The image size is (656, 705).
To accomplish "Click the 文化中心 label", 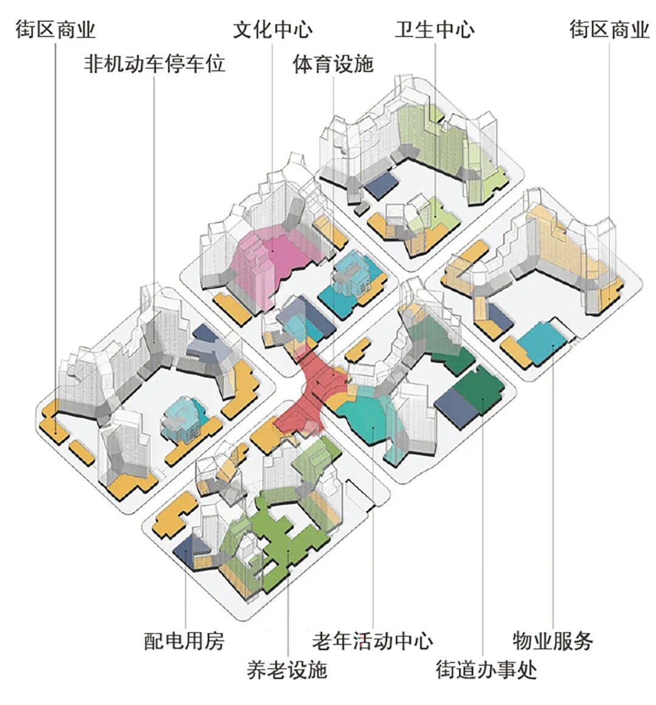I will pos(272,29).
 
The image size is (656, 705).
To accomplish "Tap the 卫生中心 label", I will pos(435,29).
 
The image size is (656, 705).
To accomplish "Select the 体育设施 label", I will pos(333,63).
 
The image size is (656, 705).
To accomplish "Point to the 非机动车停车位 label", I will pos(154,63).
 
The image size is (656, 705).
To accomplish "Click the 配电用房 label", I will pos(184,641).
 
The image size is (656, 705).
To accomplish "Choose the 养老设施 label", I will pos(287,669).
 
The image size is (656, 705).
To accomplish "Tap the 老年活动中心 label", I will pos(372,641).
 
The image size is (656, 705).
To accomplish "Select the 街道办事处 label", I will pos(486,670).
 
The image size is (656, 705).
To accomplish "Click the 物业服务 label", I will pos(552,641).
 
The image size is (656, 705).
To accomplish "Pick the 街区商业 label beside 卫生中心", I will pos(609,29).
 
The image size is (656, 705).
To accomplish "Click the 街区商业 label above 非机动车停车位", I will pos(55,29).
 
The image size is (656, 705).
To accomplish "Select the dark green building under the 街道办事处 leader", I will pos(481,392).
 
